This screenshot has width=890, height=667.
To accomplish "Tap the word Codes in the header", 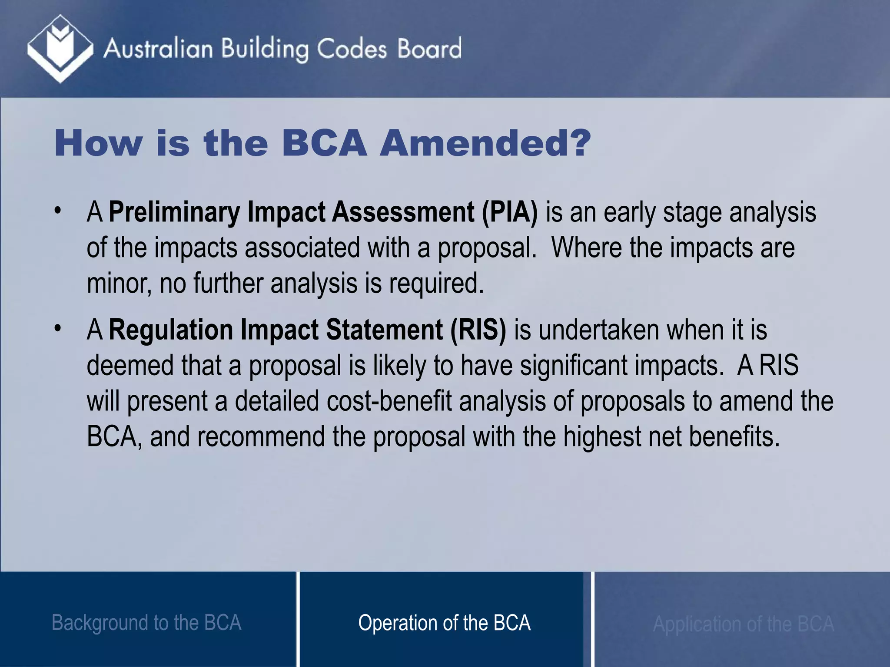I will pyautogui.click(x=351, y=49).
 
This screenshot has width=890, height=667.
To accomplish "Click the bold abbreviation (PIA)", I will pyautogui.click(x=509, y=212).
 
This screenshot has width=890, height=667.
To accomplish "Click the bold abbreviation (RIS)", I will pyautogui.click(x=478, y=330).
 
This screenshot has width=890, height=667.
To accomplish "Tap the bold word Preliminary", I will pyautogui.click(x=174, y=212).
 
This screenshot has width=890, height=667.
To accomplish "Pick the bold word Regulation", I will pyautogui.click(x=171, y=330).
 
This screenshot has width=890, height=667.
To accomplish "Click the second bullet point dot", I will pyautogui.click(x=57, y=329).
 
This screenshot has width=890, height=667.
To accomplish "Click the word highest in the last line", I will pyautogui.click(x=602, y=436).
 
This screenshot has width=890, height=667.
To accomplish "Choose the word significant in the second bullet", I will pyautogui.click(x=574, y=365).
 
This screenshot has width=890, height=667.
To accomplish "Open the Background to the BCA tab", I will pyautogui.click(x=146, y=623).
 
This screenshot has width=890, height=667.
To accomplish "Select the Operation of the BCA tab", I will pyautogui.click(x=444, y=623).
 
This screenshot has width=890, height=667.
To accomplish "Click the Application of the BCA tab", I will pyautogui.click(x=743, y=624).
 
